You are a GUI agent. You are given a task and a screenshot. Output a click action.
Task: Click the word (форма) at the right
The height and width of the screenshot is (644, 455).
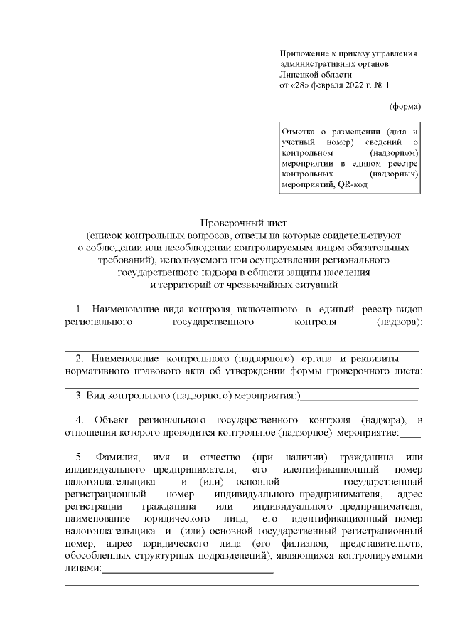[405, 107]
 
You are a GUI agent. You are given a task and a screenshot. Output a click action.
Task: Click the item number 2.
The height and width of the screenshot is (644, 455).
[79, 358]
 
